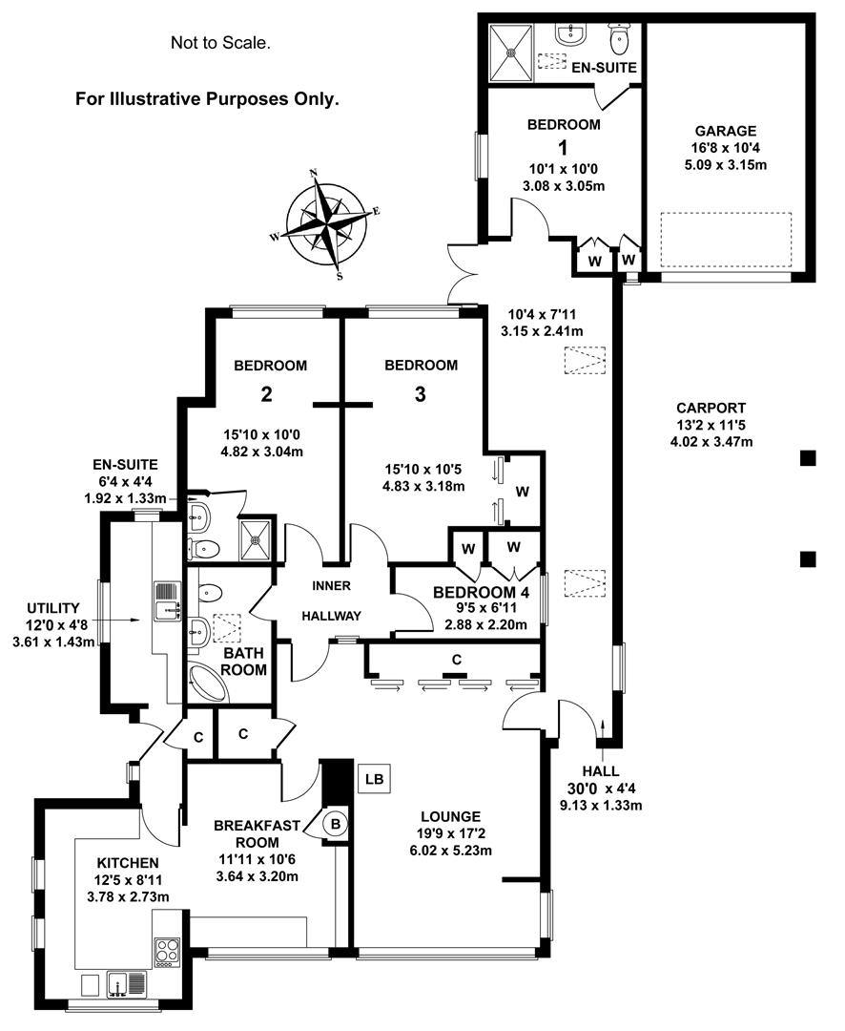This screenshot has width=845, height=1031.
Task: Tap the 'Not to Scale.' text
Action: pyautogui.click(x=220, y=42)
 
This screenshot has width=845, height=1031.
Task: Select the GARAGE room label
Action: pyautogui.click(x=725, y=131)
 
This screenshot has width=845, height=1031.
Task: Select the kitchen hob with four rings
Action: pyautogui.click(x=167, y=951)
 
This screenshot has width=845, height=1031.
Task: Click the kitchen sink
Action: pyautogui.click(x=126, y=982)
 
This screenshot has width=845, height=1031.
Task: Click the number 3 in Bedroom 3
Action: pyautogui.click(x=420, y=393)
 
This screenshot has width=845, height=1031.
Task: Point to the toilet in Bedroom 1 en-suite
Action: pyautogui.click(x=620, y=39)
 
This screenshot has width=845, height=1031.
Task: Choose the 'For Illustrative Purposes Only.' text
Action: pyautogui.click(x=207, y=98)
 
